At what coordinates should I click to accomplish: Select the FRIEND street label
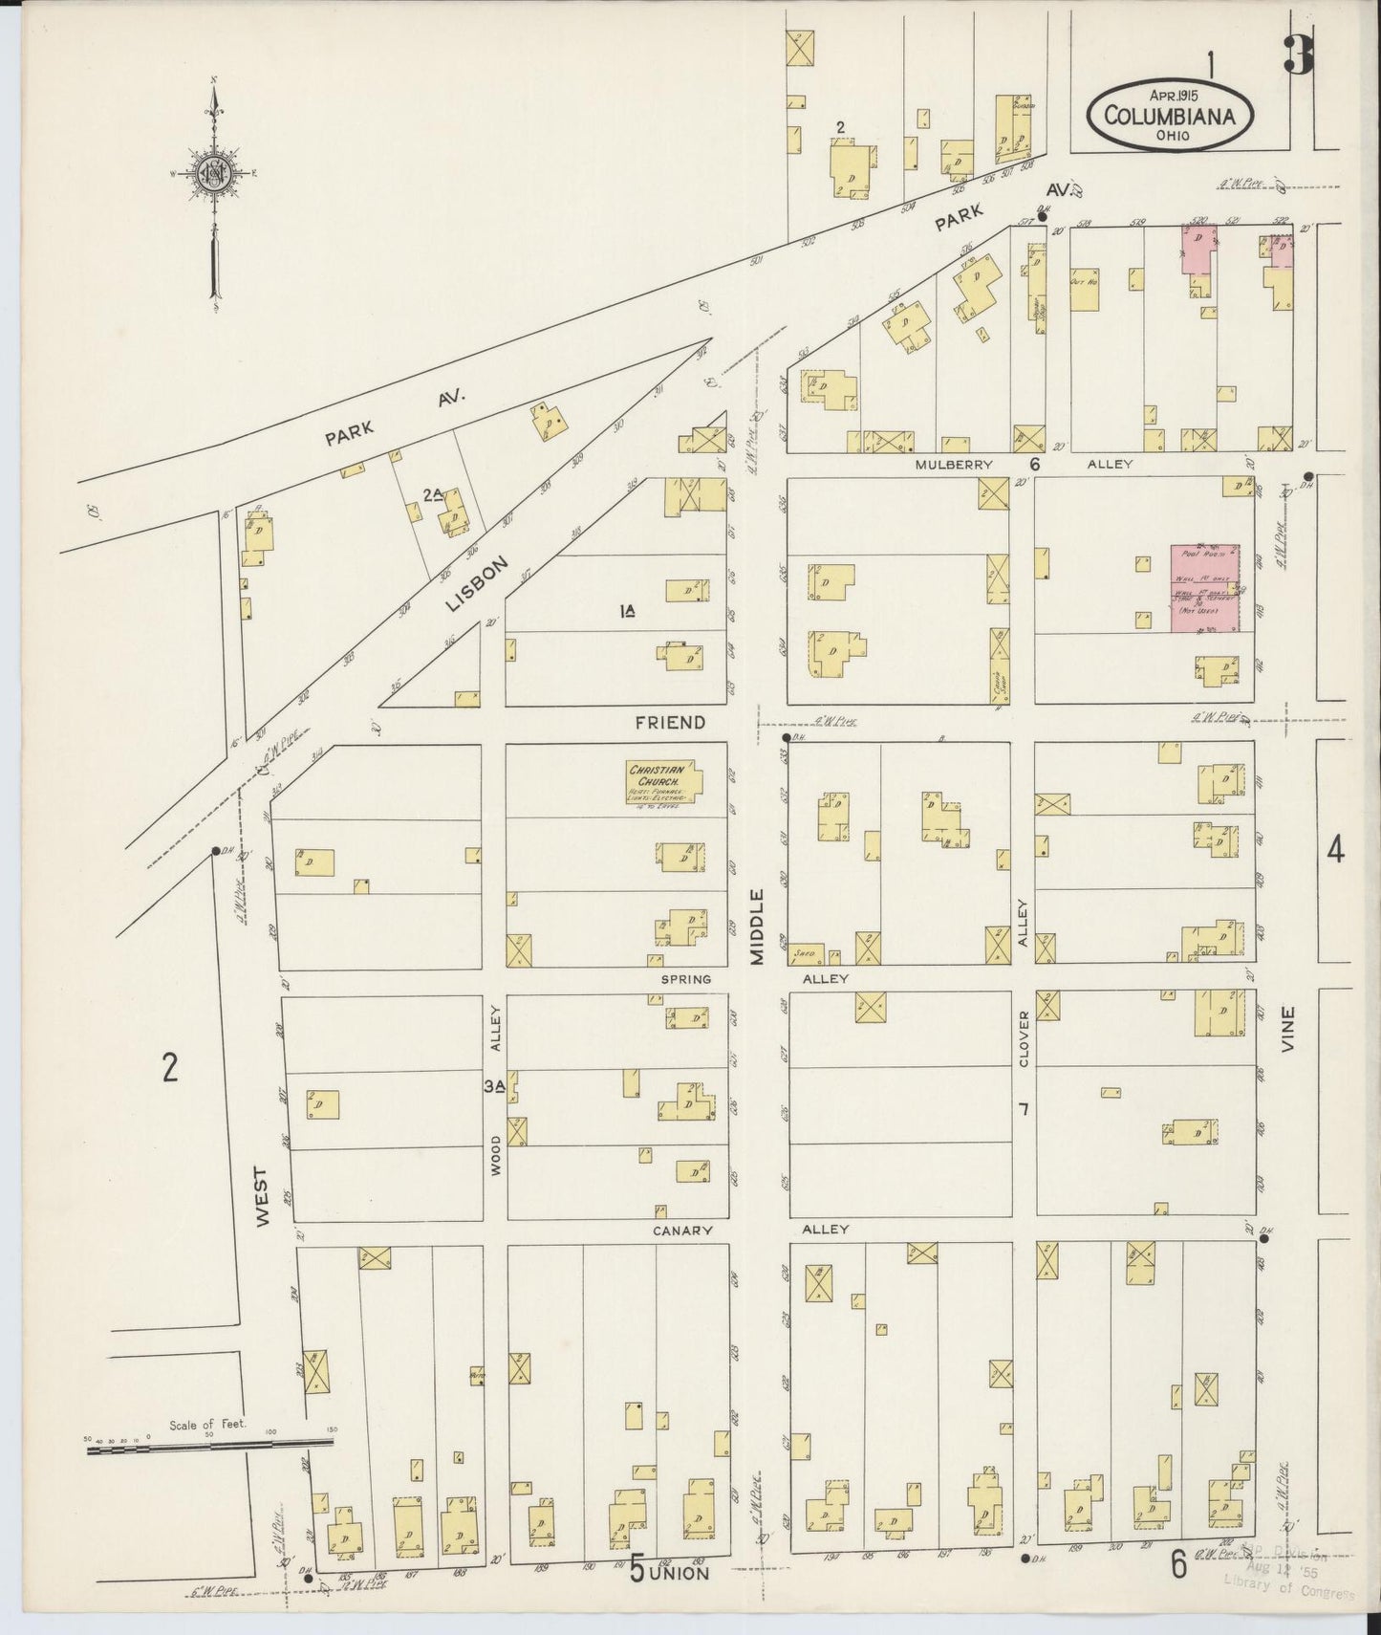click(x=670, y=723)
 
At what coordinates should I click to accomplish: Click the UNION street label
click(x=680, y=1573)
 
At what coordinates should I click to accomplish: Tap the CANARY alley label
click(x=683, y=1231)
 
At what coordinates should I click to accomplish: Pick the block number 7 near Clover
click(x=1024, y=1109)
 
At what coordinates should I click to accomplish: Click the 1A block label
click(x=628, y=611)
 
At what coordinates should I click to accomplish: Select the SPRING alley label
click(x=685, y=980)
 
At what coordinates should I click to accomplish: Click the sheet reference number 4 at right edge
click(x=1335, y=848)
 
